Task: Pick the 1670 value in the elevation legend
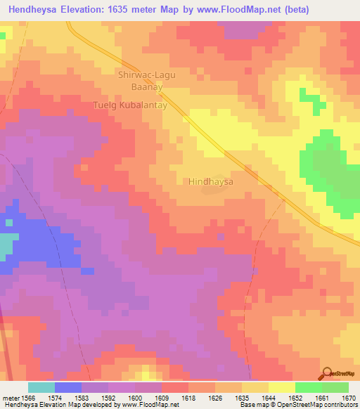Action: tap(349, 397)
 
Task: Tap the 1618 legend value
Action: tap(189, 397)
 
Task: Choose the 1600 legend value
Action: tap(136, 397)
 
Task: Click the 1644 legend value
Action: tap(269, 397)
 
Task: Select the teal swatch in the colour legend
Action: tap(41, 387)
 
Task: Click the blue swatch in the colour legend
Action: tap(68, 387)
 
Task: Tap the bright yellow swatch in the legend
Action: tap(281, 387)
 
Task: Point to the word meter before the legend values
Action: tap(9, 397)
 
